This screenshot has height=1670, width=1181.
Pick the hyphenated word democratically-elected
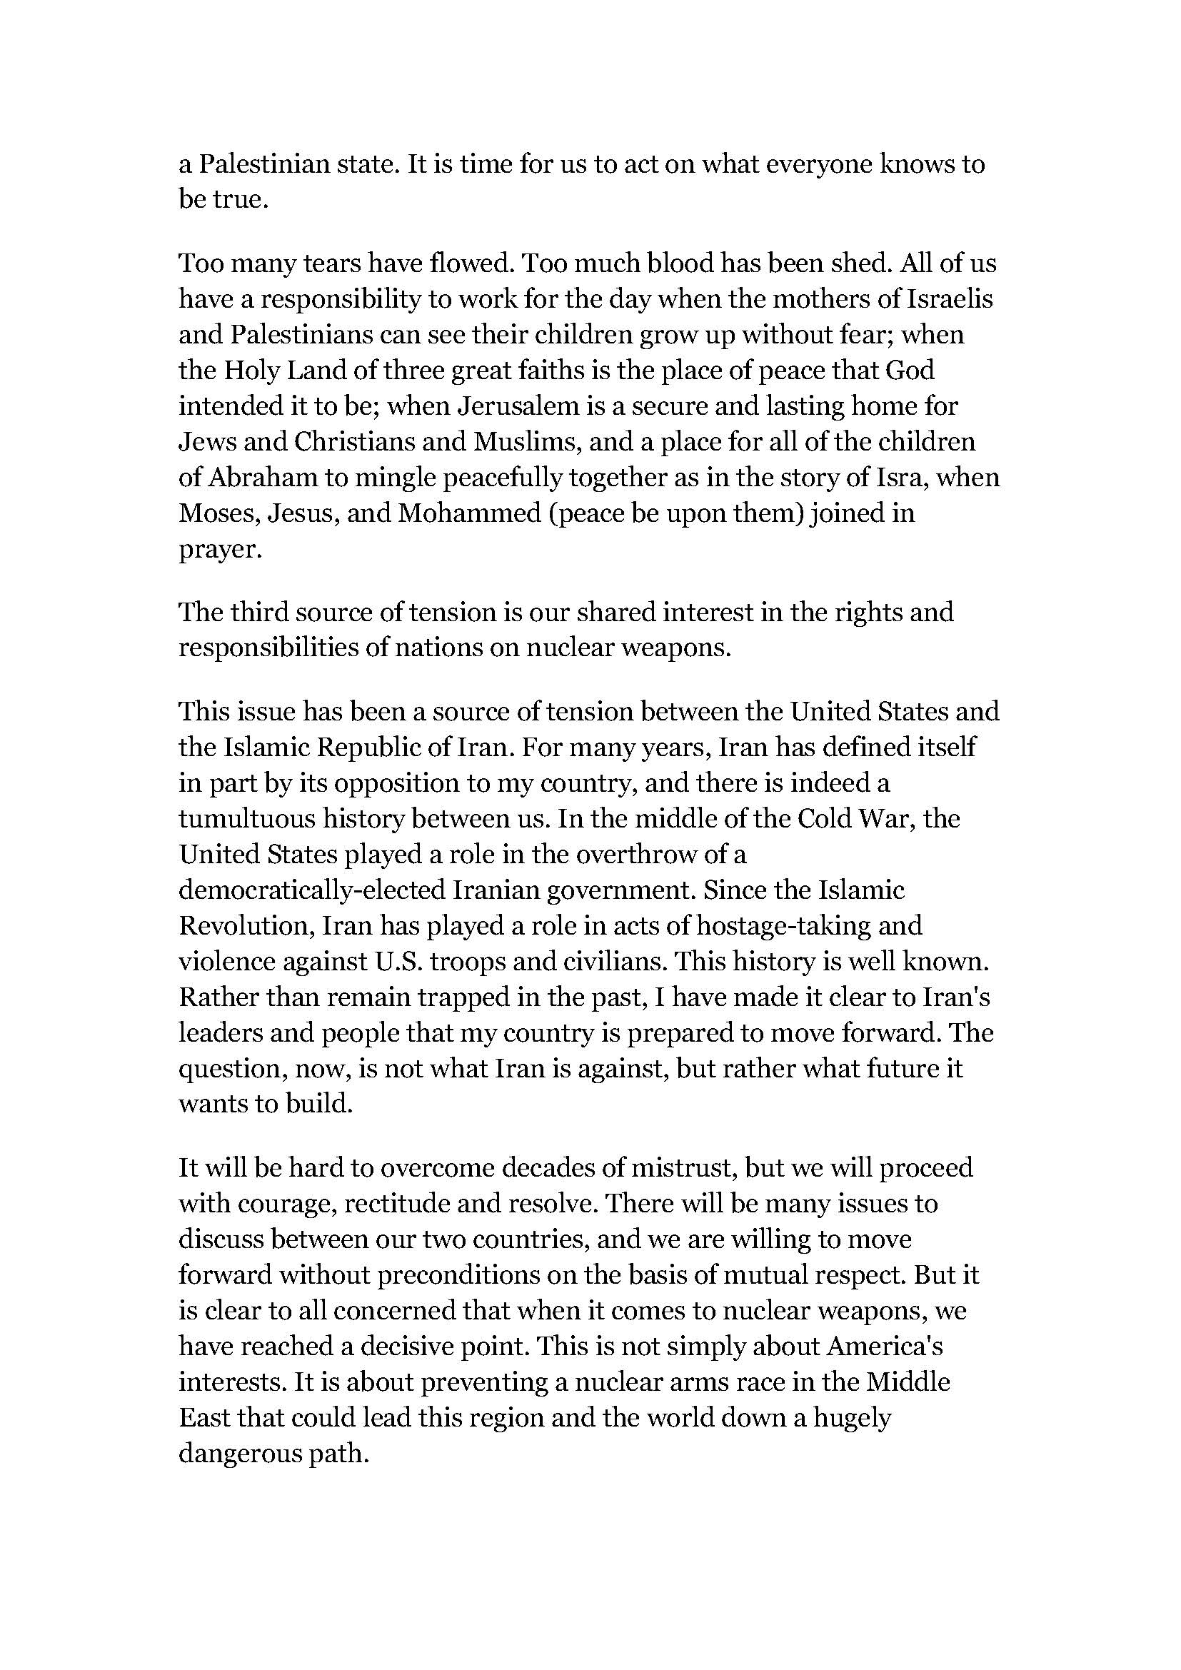point(311,890)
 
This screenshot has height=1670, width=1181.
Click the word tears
point(332,263)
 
